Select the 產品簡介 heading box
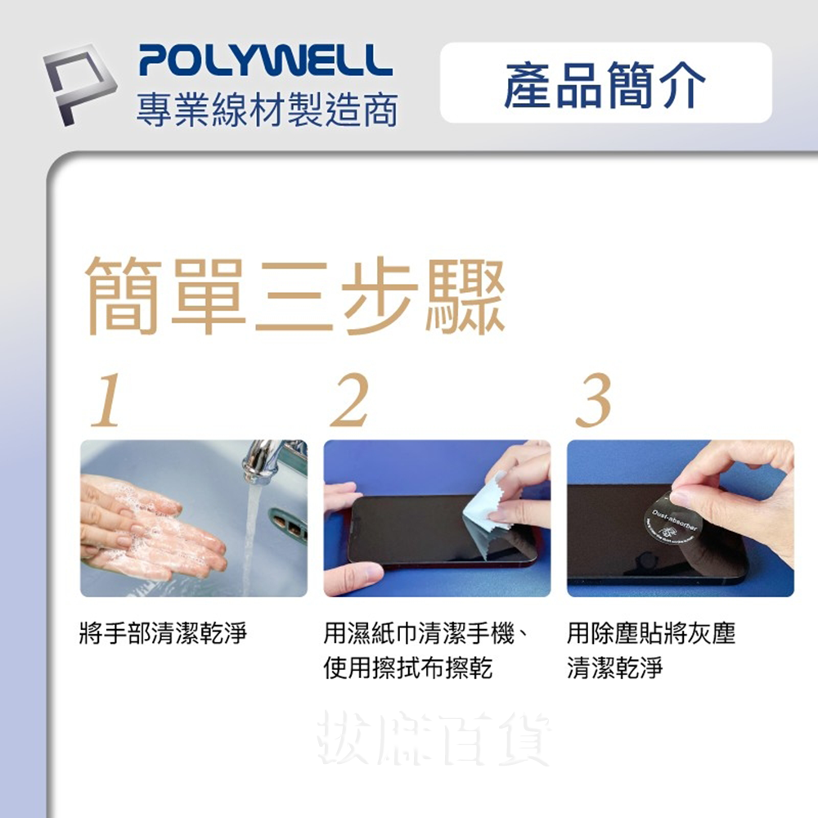click(605, 83)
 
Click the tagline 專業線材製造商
click(267, 110)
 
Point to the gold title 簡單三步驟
click(295, 296)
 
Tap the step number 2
click(349, 402)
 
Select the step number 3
click(594, 402)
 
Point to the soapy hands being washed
click(151, 528)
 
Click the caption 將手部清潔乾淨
click(163, 633)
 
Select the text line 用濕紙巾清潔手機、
click(425, 633)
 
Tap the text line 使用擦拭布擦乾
click(407, 669)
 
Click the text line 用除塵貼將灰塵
click(651, 633)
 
